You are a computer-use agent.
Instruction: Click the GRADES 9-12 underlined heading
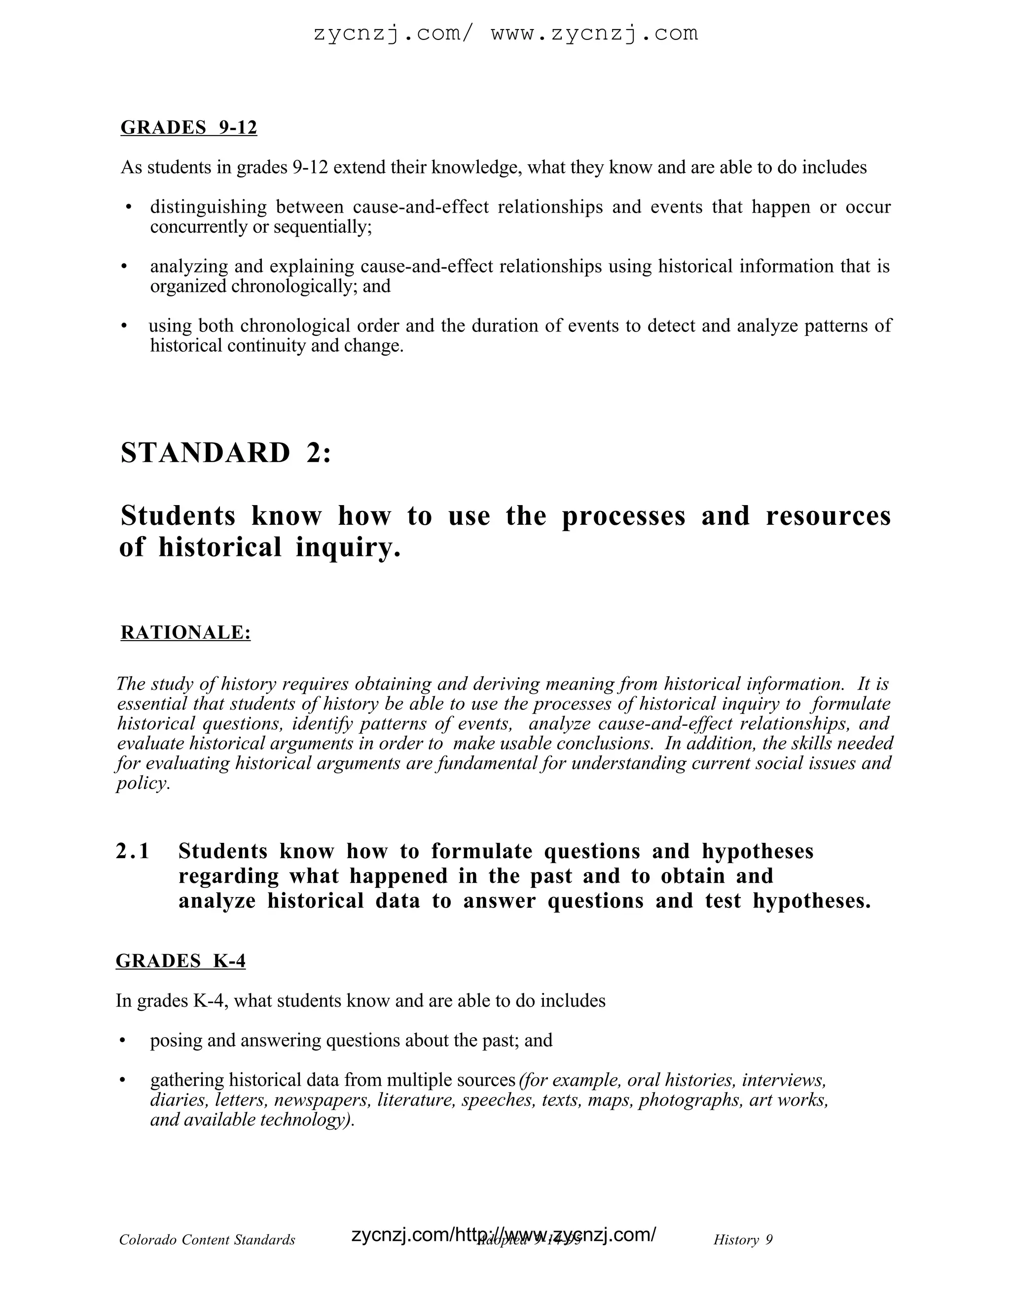pos(188,128)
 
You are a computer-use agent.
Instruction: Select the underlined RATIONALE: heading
pos(185,633)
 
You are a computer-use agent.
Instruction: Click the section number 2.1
pos(132,851)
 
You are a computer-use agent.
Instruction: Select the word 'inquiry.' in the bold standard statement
pos(348,547)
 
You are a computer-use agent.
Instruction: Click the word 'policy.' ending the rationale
pos(144,783)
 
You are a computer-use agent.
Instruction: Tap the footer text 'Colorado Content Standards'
pos(207,1239)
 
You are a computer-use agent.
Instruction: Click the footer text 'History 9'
pos(743,1239)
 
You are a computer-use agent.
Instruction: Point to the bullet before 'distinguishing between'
pos(129,208)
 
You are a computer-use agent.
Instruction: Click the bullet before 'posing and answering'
pos(123,1041)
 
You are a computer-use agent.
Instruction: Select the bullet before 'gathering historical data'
pos(123,1080)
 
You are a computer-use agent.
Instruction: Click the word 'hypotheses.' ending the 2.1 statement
pos(811,901)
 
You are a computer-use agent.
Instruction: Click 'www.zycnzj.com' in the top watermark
pos(594,34)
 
